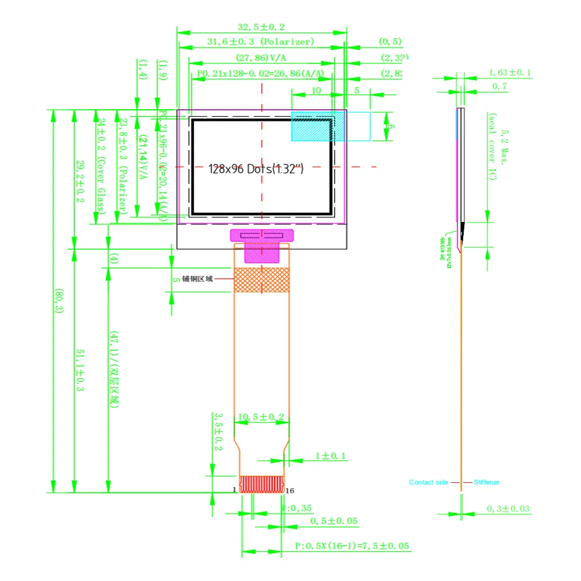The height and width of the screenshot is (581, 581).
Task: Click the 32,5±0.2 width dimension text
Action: [261, 27]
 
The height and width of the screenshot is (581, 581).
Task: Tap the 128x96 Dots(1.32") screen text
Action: [256, 169]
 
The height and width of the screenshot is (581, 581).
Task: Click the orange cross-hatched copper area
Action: [261, 279]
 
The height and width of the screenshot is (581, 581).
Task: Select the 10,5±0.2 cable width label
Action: [261, 417]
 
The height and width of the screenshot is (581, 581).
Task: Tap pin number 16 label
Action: [290, 490]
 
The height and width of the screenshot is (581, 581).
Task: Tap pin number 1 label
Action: [235, 490]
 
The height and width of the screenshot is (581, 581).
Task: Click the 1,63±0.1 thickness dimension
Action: [510, 73]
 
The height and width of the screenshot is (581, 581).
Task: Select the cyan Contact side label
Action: [428, 482]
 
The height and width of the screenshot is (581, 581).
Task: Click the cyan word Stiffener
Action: [486, 482]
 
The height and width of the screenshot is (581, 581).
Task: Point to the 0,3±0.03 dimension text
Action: [508, 509]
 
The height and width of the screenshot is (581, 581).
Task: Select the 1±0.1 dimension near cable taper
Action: [331, 456]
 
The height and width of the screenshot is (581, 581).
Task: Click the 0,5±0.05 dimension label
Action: [333, 521]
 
